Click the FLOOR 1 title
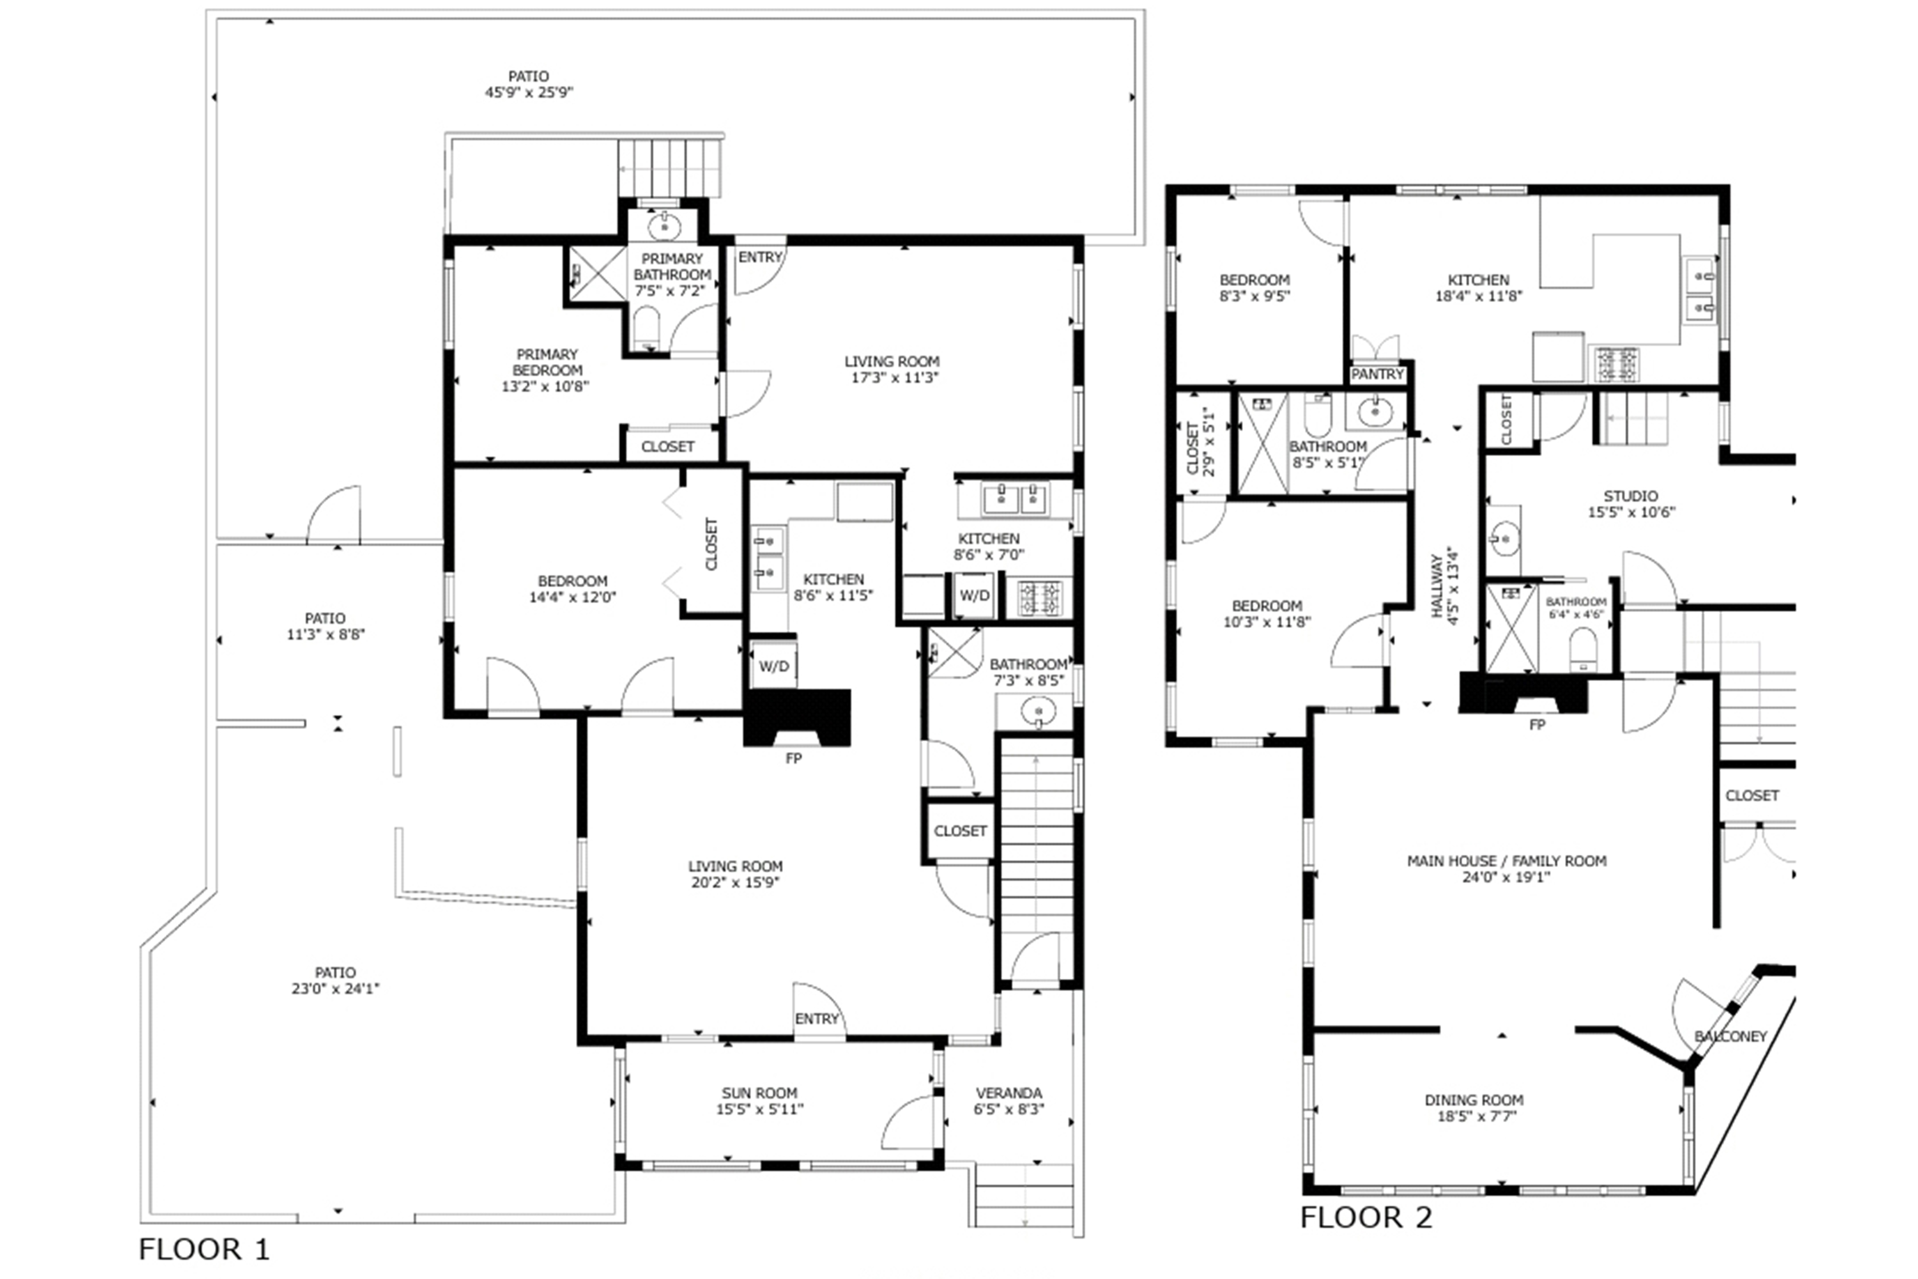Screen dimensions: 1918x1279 click(x=204, y=1249)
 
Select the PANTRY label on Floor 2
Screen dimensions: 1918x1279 click(x=1377, y=375)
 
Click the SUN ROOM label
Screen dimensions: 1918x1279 click(x=759, y=1093)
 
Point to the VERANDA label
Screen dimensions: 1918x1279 click(x=1009, y=1093)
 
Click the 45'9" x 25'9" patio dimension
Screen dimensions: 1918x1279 click(x=529, y=92)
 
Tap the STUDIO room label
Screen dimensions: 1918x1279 click(x=1631, y=496)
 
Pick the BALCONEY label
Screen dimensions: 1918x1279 click(x=1730, y=1037)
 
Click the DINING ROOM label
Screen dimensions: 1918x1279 click(x=1474, y=1100)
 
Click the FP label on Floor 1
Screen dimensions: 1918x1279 click(x=793, y=758)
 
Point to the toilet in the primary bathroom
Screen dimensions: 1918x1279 click(x=647, y=327)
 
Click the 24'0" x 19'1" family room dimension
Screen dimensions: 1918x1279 click(x=1507, y=877)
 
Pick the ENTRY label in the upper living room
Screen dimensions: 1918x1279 click(x=760, y=257)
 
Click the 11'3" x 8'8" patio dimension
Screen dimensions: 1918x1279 click(x=326, y=635)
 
